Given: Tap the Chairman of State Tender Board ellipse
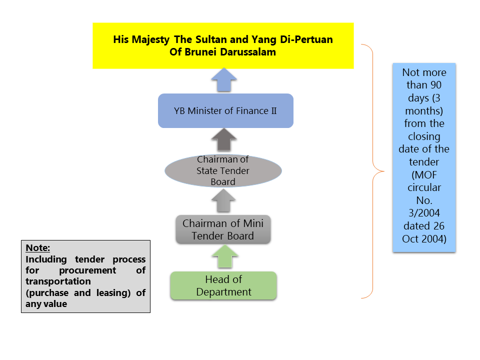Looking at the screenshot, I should (x=223, y=171).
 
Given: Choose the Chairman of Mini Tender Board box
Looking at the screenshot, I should (x=223, y=229).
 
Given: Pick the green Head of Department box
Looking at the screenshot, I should (x=223, y=285).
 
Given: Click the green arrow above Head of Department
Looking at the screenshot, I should (x=223, y=258).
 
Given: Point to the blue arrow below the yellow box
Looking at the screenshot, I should (x=223, y=80).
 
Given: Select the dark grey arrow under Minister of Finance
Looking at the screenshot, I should (x=223, y=139).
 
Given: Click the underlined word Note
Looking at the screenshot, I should (x=38, y=248).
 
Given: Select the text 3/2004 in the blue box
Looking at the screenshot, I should (x=424, y=213).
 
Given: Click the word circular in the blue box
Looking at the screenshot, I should (x=424, y=187).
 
